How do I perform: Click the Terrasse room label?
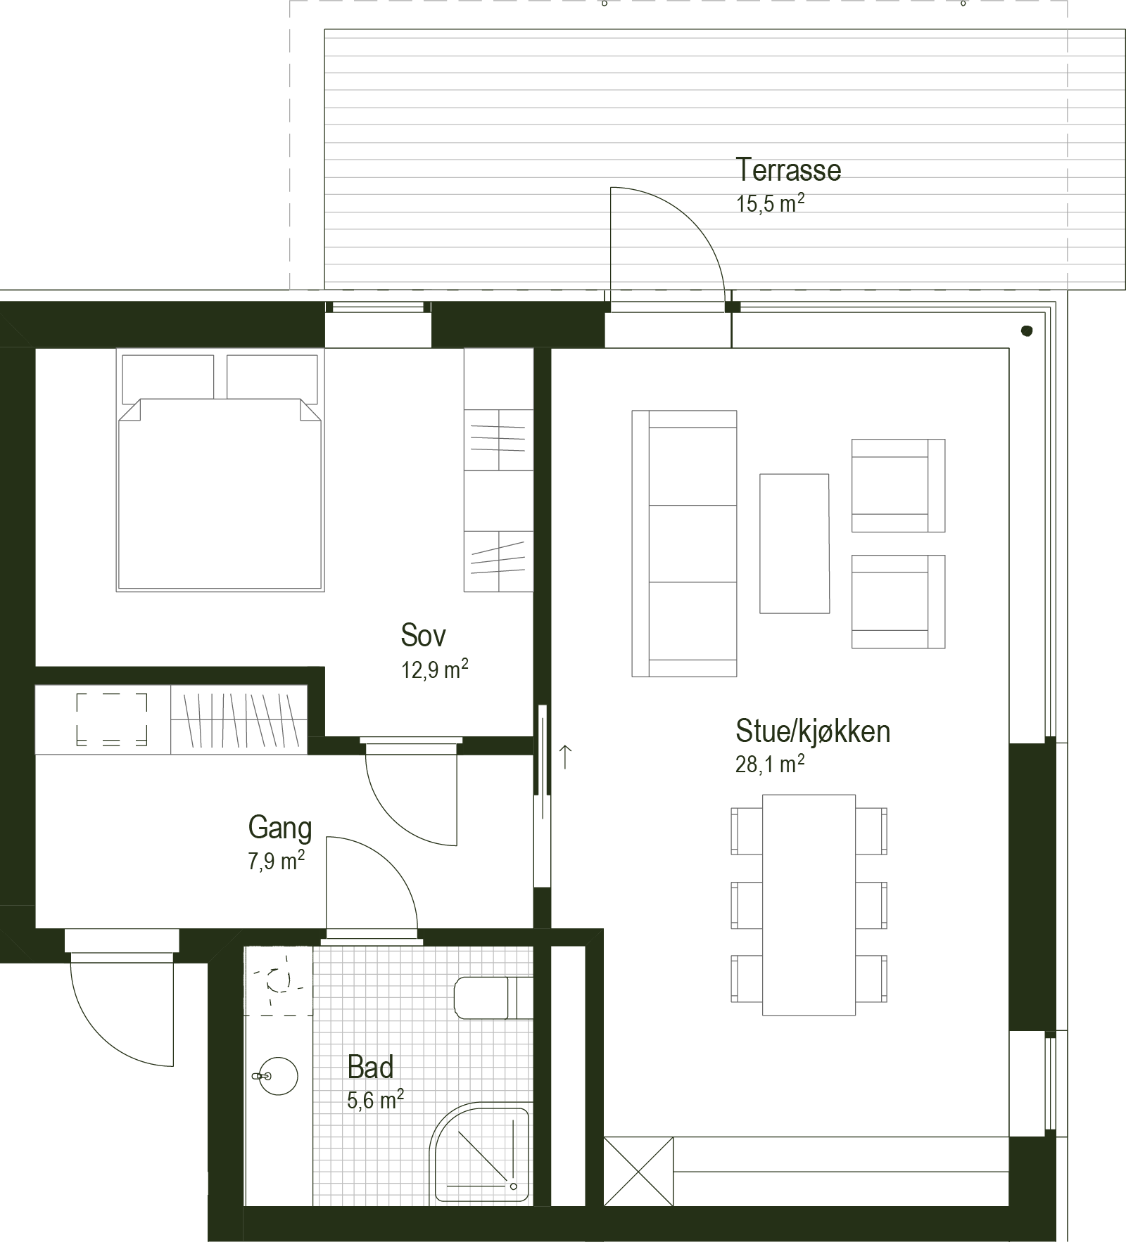tap(788, 169)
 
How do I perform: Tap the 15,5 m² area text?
tap(770, 203)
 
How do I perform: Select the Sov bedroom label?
tap(423, 635)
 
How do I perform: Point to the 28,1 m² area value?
tap(770, 764)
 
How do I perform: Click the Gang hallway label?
tap(279, 828)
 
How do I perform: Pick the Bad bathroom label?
tap(370, 1068)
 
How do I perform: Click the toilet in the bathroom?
tap(493, 997)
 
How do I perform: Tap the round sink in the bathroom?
tap(278, 1076)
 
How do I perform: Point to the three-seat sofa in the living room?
tap(684, 544)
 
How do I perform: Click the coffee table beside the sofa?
tap(794, 544)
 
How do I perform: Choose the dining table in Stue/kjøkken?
tap(809, 904)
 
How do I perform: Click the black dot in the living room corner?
tap(1027, 330)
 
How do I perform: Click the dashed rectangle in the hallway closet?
tap(112, 719)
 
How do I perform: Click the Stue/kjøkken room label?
tap(813, 731)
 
